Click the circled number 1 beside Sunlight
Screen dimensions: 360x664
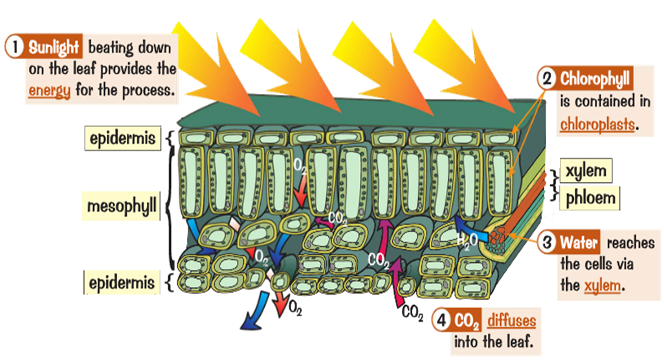(x=14, y=48)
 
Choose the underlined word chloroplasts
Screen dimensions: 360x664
(x=597, y=123)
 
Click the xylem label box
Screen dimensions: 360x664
(x=586, y=172)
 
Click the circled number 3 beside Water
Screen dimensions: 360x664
(x=548, y=243)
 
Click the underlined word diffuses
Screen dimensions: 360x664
(x=511, y=319)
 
